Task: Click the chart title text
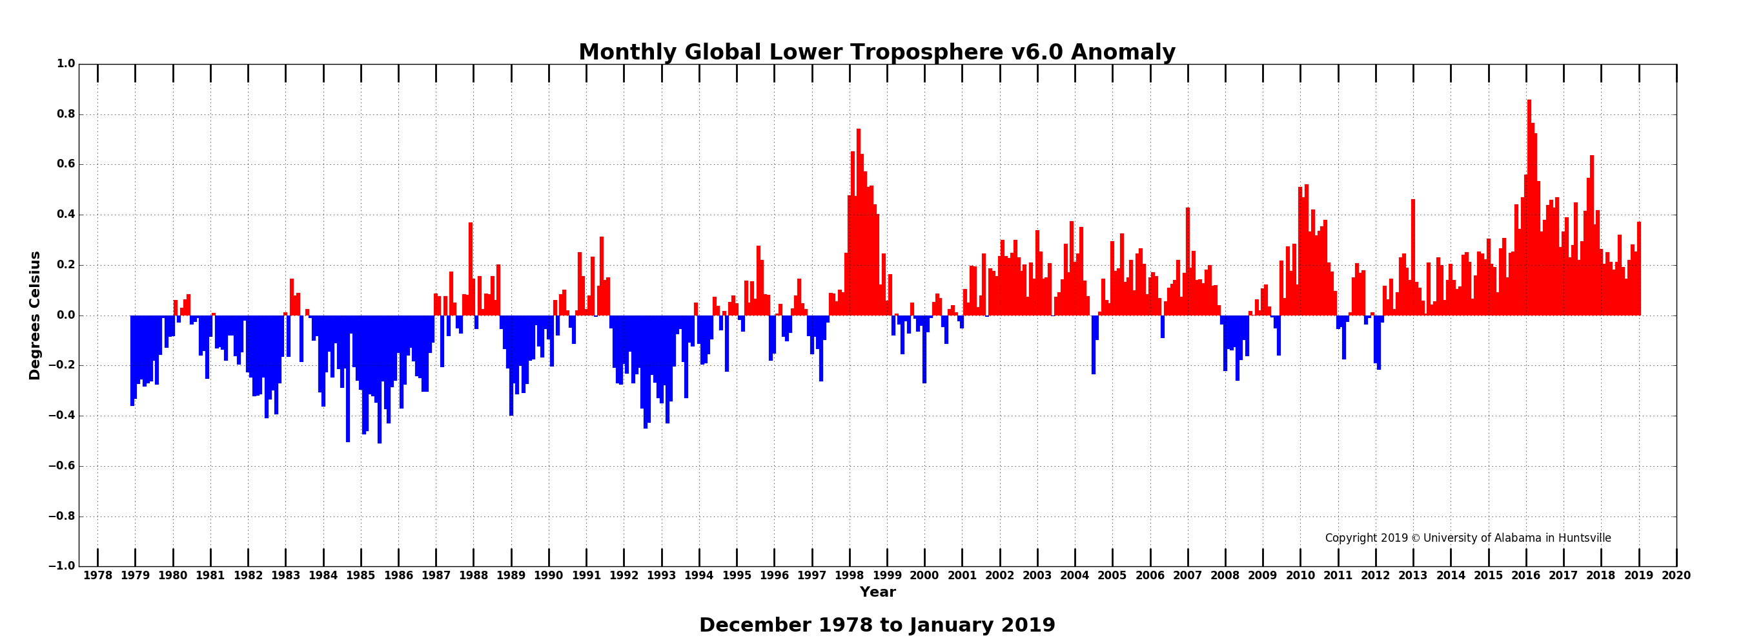click(877, 52)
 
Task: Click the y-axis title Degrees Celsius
click(34, 315)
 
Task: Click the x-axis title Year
click(877, 592)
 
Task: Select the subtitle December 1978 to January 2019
click(877, 624)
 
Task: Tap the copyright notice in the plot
click(1467, 538)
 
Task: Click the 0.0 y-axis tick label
click(66, 315)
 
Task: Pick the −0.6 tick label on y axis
click(61, 466)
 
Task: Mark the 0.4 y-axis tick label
click(66, 215)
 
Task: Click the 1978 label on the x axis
click(97, 575)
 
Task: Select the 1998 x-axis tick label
click(849, 575)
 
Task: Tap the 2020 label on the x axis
click(1676, 575)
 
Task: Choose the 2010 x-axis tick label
click(1300, 575)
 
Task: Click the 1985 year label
click(361, 575)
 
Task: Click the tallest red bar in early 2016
click(1529, 203)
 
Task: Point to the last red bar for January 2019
click(1639, 271)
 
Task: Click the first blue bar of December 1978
click(132, 359)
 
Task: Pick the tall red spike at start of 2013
click(1413, 257)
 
